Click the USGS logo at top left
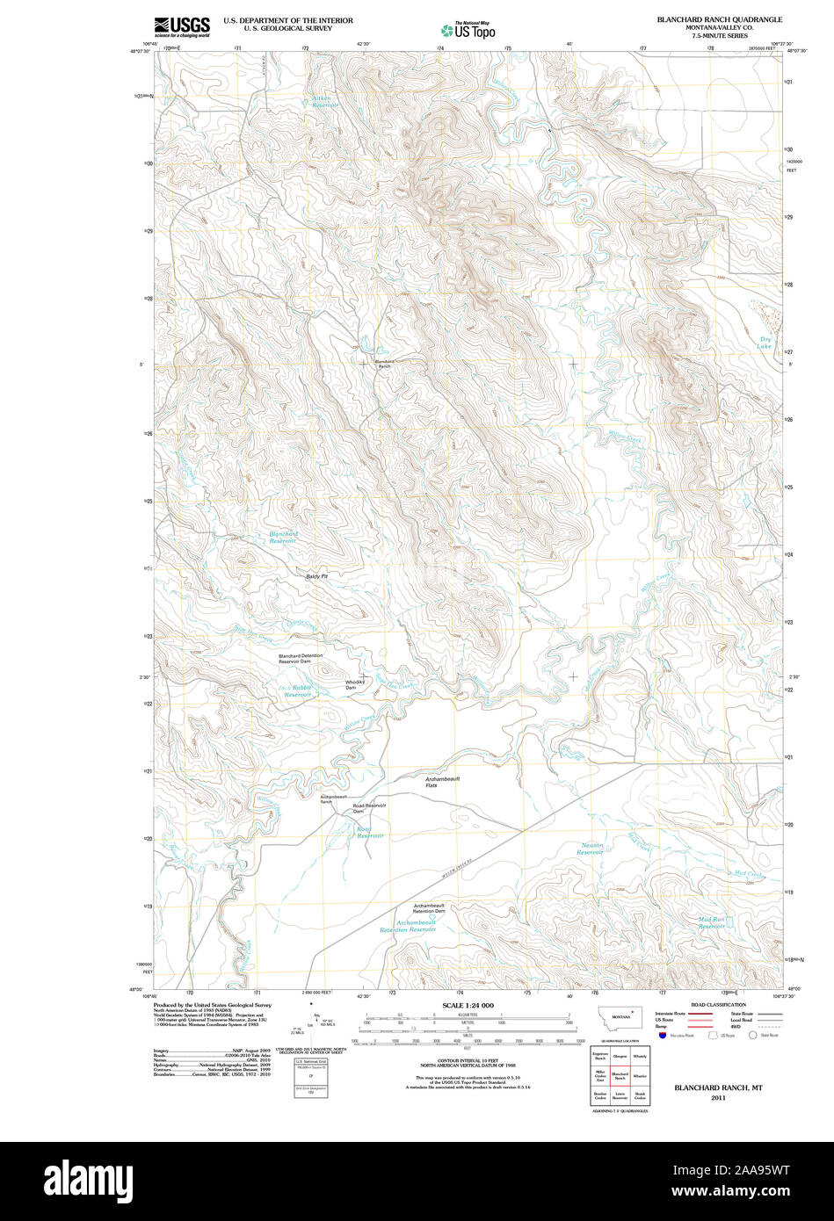182,26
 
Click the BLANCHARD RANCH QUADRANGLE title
719,18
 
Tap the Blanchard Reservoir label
283,537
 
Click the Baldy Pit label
316,576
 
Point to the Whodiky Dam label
354,684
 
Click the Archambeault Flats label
443,781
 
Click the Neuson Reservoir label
591,849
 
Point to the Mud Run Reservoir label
712,922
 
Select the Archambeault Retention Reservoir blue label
408,926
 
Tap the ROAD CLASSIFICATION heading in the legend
718,1004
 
